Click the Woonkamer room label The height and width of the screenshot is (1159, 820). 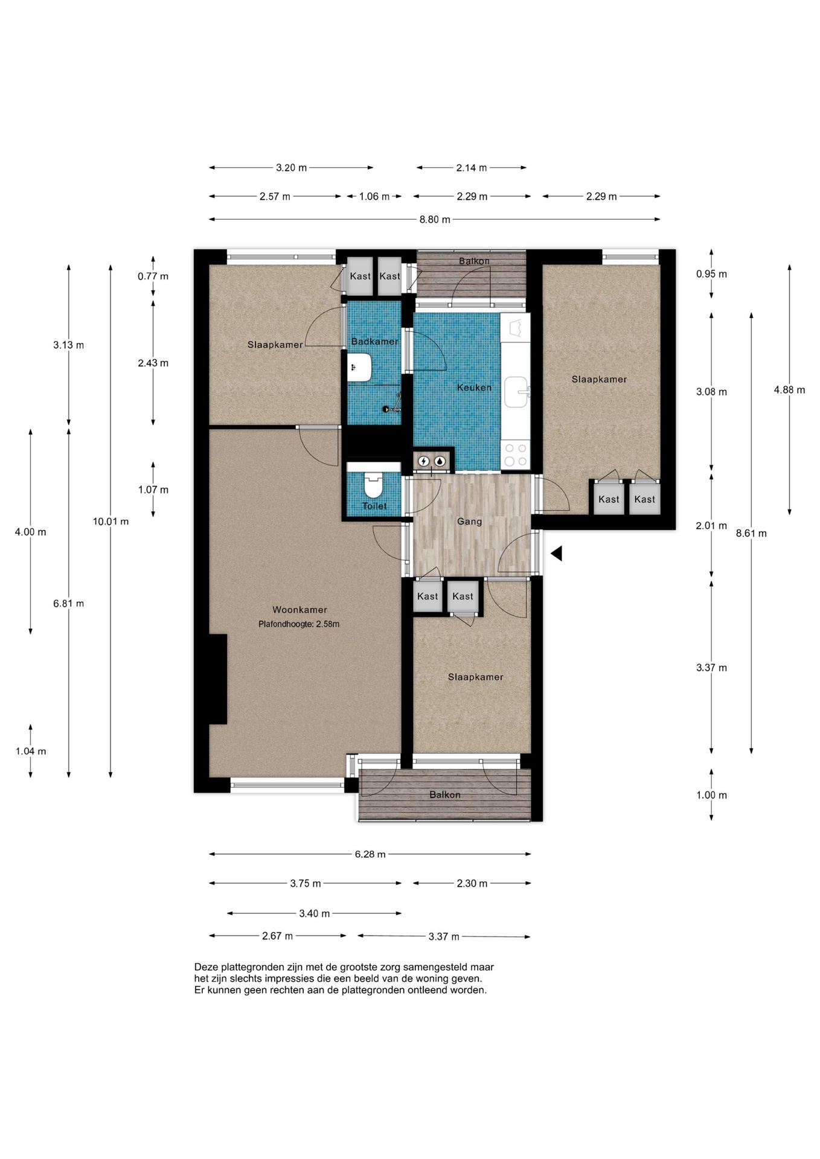[x=299, y=610]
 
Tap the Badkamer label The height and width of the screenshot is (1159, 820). [x=374, y=342]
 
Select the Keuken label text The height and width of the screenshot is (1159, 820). [x=474, y=388]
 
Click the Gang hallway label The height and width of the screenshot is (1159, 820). [x=469, y=522]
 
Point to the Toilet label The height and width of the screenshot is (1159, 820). [x=374, y=506]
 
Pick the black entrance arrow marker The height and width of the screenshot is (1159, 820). [x=556, y=553]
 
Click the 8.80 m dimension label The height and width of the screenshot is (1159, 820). [x=435, y=220]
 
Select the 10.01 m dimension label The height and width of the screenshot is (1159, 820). [x=111, y=522]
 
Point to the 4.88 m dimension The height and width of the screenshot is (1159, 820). [x=789, y=390]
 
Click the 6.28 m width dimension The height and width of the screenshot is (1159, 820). [x=370, y=854]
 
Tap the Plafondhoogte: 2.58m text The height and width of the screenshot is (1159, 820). [x=299, y=624]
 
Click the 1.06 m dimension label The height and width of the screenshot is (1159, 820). [x=374, y=196]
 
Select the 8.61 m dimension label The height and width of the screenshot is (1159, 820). [x=751, y=534]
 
